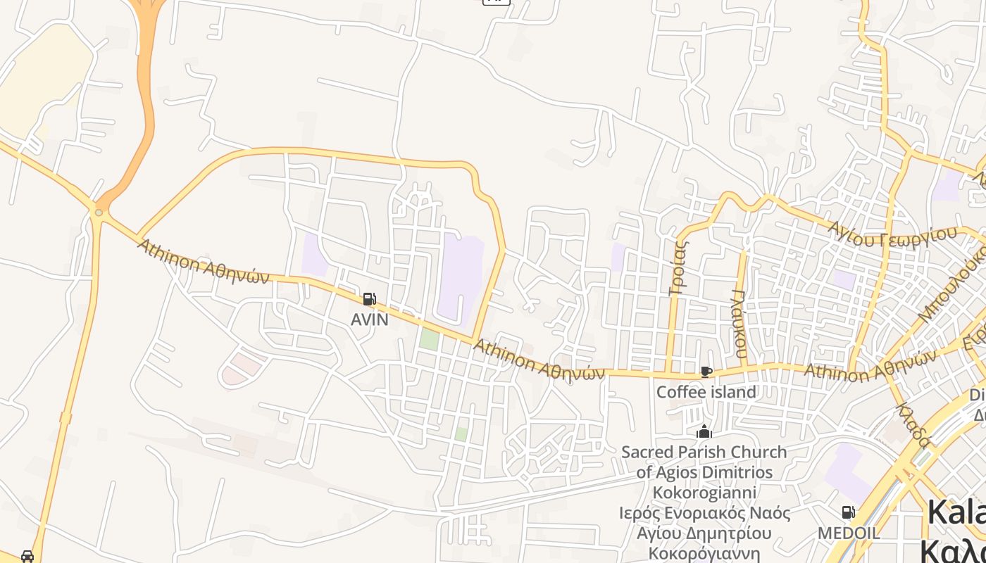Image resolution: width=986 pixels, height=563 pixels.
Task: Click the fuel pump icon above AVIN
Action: tap(369, 299)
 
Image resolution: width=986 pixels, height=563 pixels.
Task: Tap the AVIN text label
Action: tap(369, 320)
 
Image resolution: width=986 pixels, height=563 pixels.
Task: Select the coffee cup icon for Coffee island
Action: tap(706, 372)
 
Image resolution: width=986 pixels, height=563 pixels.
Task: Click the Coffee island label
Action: tap(706, 392)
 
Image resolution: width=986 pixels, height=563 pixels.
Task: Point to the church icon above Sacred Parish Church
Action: tap(704, 432)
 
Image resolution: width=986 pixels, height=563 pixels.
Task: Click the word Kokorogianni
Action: tap(704, 493)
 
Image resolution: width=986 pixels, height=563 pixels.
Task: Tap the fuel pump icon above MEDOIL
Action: tap(848, 512)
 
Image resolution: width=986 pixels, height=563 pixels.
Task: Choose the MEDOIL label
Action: tap(848, 533)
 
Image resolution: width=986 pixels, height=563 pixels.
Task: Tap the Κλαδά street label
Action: tap(913, 424)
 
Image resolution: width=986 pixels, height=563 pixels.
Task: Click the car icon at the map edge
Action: tap(27, 556)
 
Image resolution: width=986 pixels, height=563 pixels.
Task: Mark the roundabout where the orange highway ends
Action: tap(99, 212)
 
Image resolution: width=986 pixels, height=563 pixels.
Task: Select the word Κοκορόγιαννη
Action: tap(704, 553)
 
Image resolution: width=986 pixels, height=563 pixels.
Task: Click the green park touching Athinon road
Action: tap(429, 339)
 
